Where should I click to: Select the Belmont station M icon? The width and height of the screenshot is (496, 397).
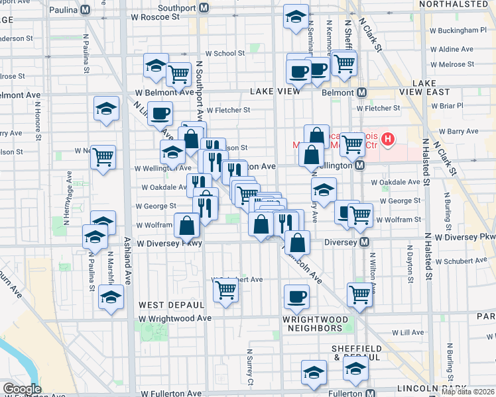point(362,93)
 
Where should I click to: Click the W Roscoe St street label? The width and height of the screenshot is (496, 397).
point(156,17)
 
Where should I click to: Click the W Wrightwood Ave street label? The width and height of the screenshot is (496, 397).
point(175,318)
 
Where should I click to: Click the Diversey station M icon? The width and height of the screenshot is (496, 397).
point(364,243)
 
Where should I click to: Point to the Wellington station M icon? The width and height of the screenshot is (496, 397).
point(359,165)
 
